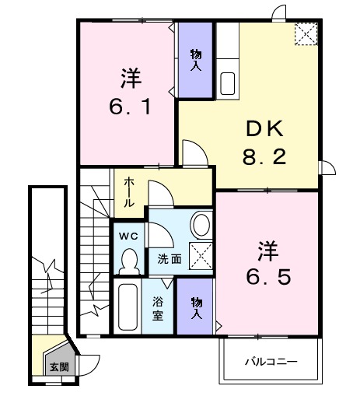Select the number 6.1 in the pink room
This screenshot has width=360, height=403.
pyautogui.click(x=129, y=106)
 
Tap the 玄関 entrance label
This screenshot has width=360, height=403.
pyautogui.click(x=59, y=366)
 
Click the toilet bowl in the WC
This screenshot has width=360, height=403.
pyautogui.click(x=129, y=262)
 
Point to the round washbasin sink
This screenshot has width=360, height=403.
pyautogui.click(x=201, y=226)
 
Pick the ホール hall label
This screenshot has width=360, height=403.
pyautogui.click(x=129, y=191)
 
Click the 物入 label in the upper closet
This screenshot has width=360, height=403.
pyautogui.click(x=195, y=59)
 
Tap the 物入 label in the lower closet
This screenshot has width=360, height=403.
pyautogui.click(x=195, y=309)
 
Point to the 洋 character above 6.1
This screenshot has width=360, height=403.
pyautogui.click(x=129, y=78)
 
